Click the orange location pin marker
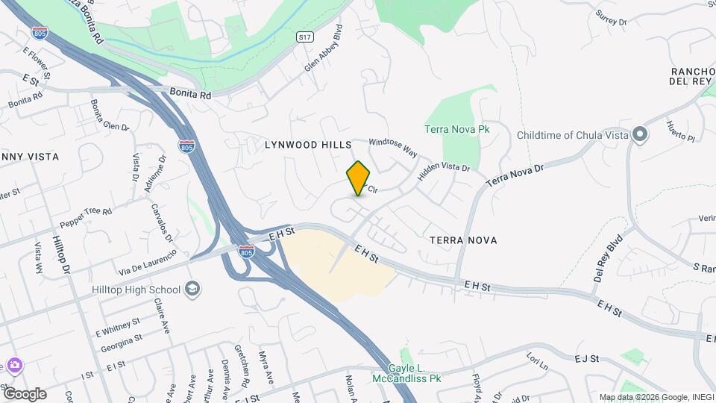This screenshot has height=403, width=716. (358, 178)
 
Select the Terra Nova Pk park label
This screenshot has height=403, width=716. (456, 129)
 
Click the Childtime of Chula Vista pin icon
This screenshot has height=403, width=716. (639, 135)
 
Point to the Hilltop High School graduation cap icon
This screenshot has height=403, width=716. (192, 290)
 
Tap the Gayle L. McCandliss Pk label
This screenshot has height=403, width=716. (415, 373)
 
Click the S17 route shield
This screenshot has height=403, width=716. (304, 37)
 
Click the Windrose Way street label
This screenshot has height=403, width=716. (392, 146)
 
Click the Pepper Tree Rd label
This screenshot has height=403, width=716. (87, 216)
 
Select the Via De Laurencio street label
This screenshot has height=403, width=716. (147, 262)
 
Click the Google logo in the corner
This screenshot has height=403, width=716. (24, 394)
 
